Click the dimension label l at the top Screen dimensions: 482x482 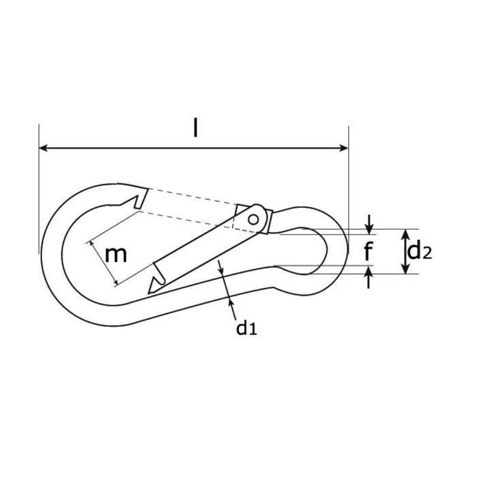(x=195, y=128)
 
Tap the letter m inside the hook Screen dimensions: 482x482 (x=116, y=255)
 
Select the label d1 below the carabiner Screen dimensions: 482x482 (x=246, y=328)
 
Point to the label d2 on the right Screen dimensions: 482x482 (x=419, y=252)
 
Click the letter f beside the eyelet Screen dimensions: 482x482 (x=368, y=252)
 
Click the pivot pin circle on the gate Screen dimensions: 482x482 (x=253, y=219)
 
